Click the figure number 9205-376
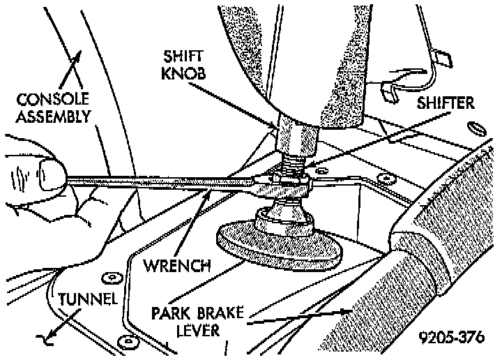coord(451,338)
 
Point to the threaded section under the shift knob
coord(293,166)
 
